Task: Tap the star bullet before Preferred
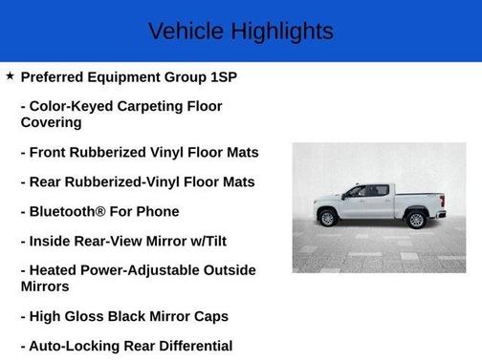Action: tap(10, 74)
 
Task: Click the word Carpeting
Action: tap(146, 105)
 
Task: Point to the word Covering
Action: tap(51, 122)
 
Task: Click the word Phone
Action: tap(158, 211)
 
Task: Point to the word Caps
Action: tap(209, 316)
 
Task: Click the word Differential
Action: tap(190, 346)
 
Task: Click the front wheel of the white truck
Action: tap(328, 217)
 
